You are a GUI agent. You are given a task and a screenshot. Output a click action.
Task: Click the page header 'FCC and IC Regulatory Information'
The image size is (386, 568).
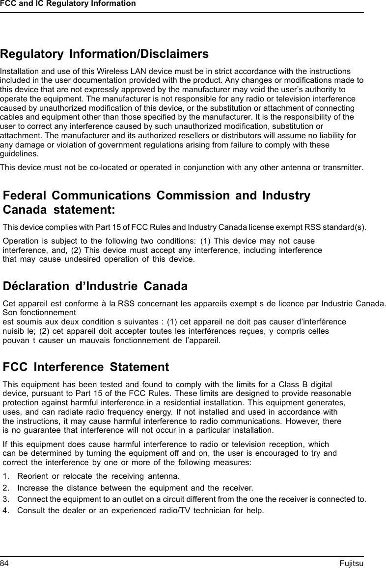coord(68,4)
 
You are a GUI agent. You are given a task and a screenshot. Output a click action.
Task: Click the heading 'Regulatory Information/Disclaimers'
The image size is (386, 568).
coord(104,53)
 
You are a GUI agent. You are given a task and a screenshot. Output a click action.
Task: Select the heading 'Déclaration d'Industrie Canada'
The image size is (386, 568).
coord(95,286)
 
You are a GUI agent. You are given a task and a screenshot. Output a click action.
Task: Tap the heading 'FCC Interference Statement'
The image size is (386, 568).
coord(86,367)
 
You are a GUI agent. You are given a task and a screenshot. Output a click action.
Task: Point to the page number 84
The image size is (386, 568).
coord(4,563)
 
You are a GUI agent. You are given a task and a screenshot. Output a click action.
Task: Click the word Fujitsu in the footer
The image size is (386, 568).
coord(351,563)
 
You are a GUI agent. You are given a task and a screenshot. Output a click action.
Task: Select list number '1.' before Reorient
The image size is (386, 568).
coord(6,476)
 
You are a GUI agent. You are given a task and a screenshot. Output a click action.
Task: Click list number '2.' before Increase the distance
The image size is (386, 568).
coord(6,488)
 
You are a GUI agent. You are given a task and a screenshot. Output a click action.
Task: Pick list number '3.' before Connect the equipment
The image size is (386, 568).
coord(6,500)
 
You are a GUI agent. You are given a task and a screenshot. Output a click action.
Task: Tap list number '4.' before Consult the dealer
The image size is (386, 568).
coord(6,512)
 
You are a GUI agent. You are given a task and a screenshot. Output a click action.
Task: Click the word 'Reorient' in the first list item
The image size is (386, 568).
coord(32,476)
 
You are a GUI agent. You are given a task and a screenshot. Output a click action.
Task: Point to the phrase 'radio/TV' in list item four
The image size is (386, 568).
coord(193,512)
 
